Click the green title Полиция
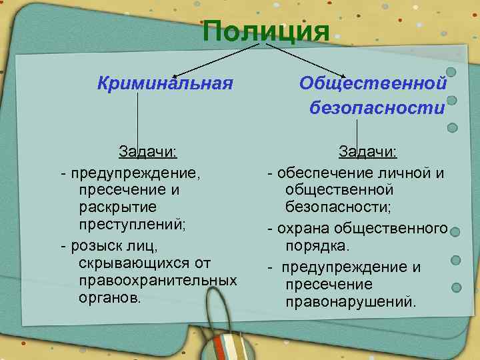click(266, 31)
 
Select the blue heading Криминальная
click(165, 84)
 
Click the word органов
click(109, 297)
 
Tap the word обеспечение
click(318, 174)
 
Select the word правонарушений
click(351, 302)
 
